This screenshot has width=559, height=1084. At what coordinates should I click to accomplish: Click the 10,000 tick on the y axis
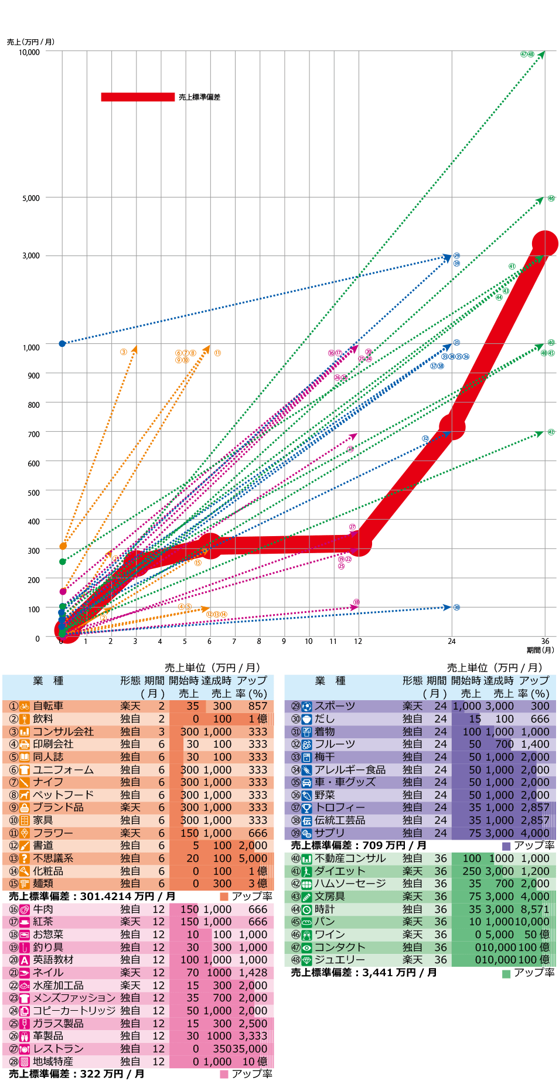click(x=29, y=52)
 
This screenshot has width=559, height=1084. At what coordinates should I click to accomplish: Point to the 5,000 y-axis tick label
click(x=31, y=198)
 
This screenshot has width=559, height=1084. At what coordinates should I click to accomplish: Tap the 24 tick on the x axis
click(x=452, y=641)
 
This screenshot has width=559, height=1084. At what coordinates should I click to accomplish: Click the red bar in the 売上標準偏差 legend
click(x=138, y=97)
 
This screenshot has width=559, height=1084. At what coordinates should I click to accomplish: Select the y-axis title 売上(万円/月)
click(x=30, y=42)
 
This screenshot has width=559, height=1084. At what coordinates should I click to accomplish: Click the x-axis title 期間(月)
click(x=540, y=650)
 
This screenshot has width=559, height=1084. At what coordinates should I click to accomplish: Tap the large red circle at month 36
click(x=545, y=244)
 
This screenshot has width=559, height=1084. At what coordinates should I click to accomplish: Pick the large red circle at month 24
click(x=452, y=427)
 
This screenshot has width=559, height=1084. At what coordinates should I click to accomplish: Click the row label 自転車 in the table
click(x=48, y=706)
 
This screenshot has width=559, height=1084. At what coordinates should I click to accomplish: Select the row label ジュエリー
click(x=340, y=960)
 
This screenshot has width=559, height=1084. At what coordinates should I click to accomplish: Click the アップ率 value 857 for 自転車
click(x=258, y=706)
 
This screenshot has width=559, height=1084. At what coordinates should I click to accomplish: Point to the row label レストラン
click(x=58, y=1049)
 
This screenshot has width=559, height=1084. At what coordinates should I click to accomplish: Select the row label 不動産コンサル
click(x=350, y=858)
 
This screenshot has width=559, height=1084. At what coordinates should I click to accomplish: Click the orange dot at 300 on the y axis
click(x=63, y=546)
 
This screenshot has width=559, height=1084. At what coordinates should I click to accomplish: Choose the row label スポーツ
click(x=335, y=706)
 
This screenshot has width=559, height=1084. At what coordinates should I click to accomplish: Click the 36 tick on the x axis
click(x=545, y=641)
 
